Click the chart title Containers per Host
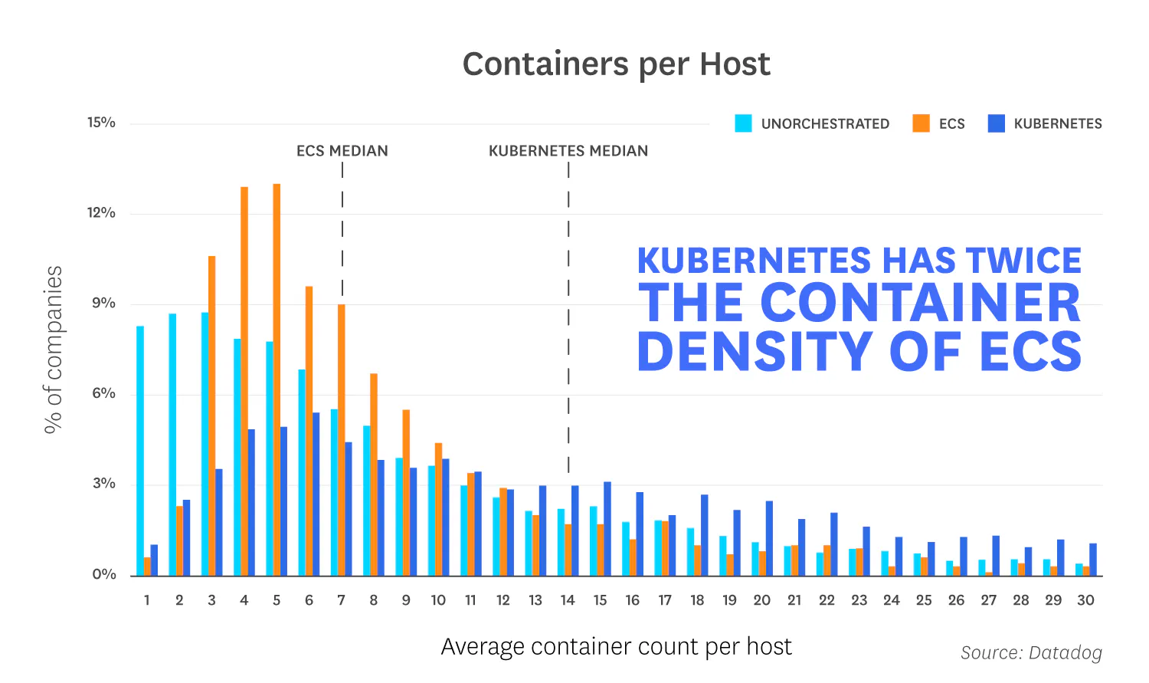tap(616, 64)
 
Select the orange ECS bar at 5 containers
tap(277, 379)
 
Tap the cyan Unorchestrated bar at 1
tap(140, 451)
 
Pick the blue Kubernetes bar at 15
tap(607, 529)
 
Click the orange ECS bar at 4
tap(244, 381)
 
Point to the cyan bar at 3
tap(205, 444)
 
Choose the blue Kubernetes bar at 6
tap(316, 494)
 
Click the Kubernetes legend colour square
tap(996, 123)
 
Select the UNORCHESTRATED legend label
tap(825, 124)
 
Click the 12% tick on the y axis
tap(101, 213)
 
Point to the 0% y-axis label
tap(103, 574)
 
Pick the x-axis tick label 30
tap(1085, 600)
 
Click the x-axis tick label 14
tap(568, 600)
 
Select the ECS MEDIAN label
tap(342, 151)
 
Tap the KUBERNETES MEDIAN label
tap(568, 151)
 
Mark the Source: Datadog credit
tap(1031, 652)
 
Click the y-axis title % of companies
tap(54, 350)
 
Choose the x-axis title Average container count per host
tap(616, 646)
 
